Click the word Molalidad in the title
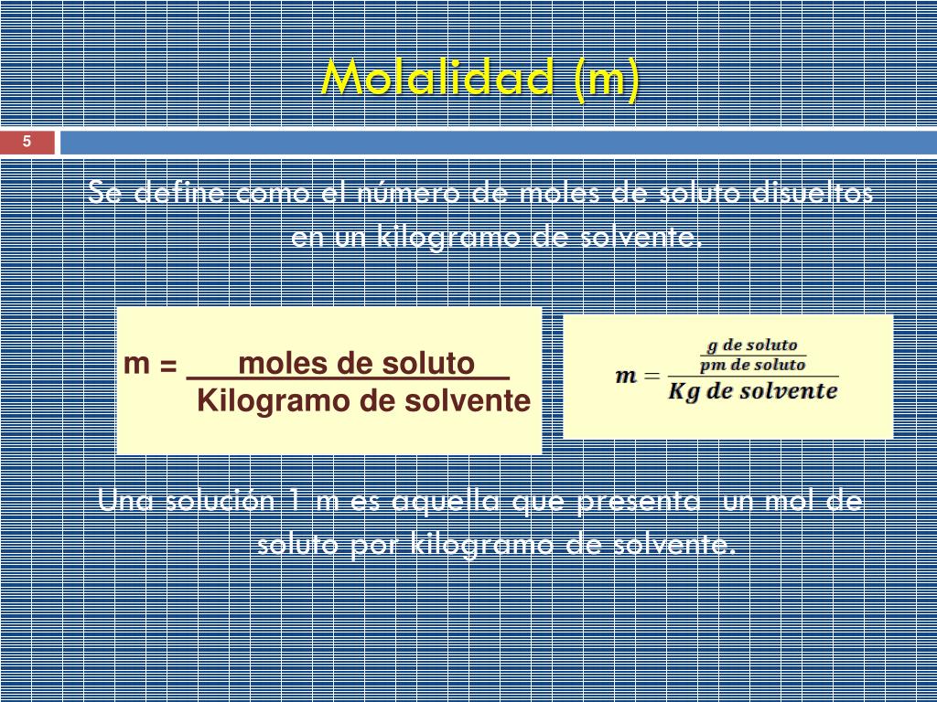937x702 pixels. point(437,79)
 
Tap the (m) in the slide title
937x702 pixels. point(605,79)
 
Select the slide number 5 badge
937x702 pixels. point(27,142)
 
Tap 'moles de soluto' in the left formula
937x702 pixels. point(356,364)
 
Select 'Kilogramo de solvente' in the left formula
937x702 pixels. point(363,400)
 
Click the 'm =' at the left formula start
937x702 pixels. point(151,364)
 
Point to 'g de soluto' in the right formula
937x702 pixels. point(753,346)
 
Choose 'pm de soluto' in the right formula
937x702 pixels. point(753,365)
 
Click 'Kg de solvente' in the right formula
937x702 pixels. point(753,391)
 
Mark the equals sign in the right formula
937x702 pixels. point(652,376)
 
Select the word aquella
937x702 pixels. point(447,501)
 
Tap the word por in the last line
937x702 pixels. point(375,545)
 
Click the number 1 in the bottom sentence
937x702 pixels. point(294,501)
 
